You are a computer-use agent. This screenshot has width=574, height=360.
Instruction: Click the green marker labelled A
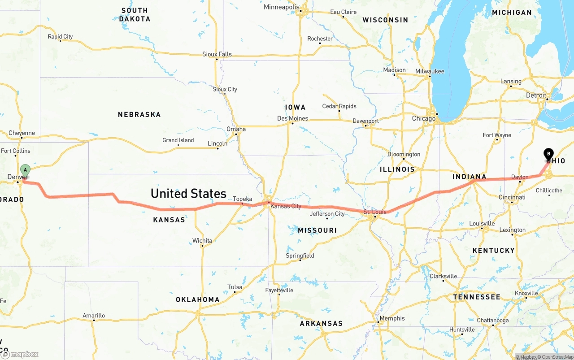(x=26, y=170)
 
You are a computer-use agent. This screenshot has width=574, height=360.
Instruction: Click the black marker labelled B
(x=548, y=154)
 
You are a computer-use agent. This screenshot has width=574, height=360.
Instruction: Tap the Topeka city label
(x=242, y=199)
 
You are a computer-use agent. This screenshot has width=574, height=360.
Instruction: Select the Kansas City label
(x=286, y=206)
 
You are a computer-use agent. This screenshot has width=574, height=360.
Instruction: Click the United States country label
(x=188, y=193)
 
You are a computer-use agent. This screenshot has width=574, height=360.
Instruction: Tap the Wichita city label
(x=202, y=241)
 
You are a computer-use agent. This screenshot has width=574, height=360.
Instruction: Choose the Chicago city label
(x=424, y=118)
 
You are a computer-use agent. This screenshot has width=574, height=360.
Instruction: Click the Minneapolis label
(x=281, y=7)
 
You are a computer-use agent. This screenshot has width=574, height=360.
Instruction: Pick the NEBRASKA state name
(x=139, y=115)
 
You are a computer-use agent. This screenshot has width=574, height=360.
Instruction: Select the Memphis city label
(x=392, y=318)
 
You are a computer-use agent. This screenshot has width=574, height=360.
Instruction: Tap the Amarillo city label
(x=94, y=316)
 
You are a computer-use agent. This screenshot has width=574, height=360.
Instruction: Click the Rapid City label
(x=60, y=37)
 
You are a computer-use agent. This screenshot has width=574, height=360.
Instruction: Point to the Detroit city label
(x=536, y=95)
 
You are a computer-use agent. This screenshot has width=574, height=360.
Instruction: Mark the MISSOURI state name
(x=317, y=230)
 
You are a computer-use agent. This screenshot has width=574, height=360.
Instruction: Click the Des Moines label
(x=292, y=118)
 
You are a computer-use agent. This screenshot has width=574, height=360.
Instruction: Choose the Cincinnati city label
(x=512, y=197)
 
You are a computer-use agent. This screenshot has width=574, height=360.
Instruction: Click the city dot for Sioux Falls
(x=217, y=59)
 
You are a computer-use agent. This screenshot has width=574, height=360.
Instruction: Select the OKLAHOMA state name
(x=197, y=299)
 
